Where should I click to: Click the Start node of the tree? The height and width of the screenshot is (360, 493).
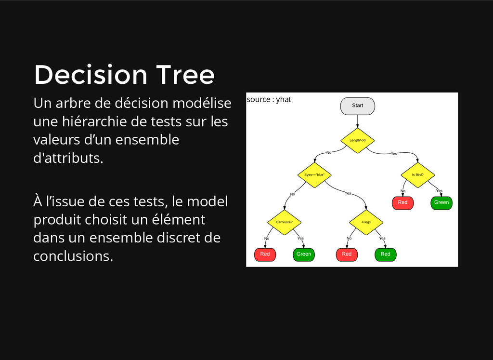pyautogui.click(x=357, y=106)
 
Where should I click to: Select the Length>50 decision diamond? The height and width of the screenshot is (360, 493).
pyautogui.click(x=357, y=140)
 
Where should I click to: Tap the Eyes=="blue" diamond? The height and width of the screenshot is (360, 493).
pyautogui.click(x=314, y=175)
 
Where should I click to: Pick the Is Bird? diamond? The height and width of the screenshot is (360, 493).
pyautogui.click(x=417, y=175)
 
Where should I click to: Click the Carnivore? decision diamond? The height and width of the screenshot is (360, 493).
pyautogui.click(x=284, y=222)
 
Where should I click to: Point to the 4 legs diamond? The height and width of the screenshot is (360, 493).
pyautogui.click(x=366, y=222)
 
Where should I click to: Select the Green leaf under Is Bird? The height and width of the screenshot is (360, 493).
pyautogui.click(x=441, y=203)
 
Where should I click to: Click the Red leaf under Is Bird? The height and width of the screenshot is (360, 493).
pyautogui.click(x=403, y=203)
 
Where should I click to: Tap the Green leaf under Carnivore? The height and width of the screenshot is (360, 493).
pyautogui.click(x=304, y=254)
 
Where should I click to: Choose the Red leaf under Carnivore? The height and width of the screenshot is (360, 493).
pyautogui.click(x=265, y=254)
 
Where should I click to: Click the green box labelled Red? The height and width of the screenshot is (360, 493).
pyautogui.click(x=386, y=254)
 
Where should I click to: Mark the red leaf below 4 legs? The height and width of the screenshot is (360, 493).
pyautogui.click(x=347, y=254)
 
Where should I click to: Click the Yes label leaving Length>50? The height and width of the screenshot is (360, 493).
pyautogui.click(x=394, y=154)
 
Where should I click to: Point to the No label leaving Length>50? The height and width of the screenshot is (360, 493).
pyautogui.click(x=329, y=152)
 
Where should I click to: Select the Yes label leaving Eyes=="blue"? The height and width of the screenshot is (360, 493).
pyautogui.click(x=348, y=193)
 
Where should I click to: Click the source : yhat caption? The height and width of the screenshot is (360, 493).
pyautogui.click(x=269, y=100)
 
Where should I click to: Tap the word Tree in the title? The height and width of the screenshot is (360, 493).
pyautogui.click(x=185, y=75)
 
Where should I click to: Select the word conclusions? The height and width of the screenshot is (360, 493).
pyautogui.click(x=73, y=256)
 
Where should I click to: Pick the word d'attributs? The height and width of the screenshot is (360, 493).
pyautogui.click(x=68, y=158)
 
